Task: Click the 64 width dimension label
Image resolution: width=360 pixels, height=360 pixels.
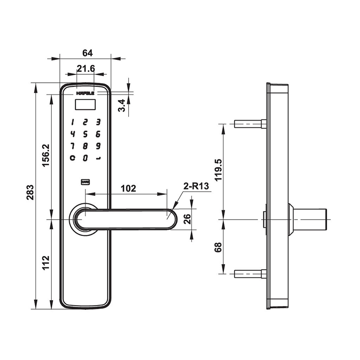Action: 87,53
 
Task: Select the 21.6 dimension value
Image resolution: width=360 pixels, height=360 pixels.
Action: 85,68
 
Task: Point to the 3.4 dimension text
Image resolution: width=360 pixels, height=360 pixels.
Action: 121,106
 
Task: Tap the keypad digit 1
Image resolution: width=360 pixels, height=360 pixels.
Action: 72,122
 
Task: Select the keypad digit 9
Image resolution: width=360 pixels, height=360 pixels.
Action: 98,146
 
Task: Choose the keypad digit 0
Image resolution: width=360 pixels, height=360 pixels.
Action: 85,158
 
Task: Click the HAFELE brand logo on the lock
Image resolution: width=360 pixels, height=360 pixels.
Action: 85,93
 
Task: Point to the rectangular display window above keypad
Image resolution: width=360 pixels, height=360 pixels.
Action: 85,105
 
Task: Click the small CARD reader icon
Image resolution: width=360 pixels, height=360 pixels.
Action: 85,182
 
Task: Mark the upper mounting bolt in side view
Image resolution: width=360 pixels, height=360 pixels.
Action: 250,123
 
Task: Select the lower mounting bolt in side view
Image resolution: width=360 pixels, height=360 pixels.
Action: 250,273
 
